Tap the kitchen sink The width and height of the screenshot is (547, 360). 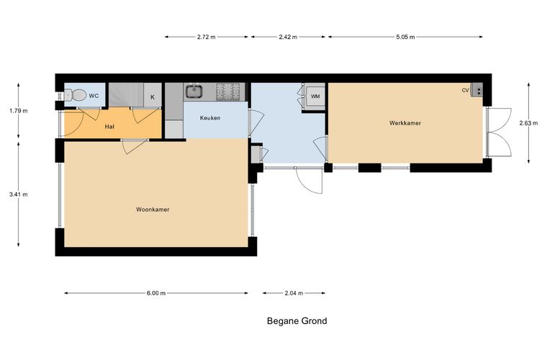[x=194, y=91]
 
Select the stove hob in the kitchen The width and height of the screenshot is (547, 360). [x=228, y=91]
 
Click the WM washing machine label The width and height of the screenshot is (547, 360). [x=315, y=96]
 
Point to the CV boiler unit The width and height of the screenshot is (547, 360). [x=476, y=90]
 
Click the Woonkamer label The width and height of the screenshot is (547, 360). [x=153, y=210]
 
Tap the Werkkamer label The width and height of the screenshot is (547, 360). [x=405, y=123]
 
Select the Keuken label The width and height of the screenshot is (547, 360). [x=210, y=118]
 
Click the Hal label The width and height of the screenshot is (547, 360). [x=109, y=127]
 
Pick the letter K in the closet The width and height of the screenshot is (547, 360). [x=153, y=97]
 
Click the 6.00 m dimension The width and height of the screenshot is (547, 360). [x=156, y=293]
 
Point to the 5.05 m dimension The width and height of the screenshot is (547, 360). [x=405, y=37]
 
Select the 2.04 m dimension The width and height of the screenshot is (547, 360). [x=294, y=293]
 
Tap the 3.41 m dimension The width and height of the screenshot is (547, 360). [x=19, y=194]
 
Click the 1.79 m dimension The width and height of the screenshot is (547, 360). [x=19, y=111]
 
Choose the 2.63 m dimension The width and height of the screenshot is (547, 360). [x=528, y=123]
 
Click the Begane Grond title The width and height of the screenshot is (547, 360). [x=297, y=321]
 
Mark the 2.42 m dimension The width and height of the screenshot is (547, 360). [x=288, y=37]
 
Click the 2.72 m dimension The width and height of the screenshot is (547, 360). [x=206, y=37]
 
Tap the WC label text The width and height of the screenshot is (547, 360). [x=94, y=96]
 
